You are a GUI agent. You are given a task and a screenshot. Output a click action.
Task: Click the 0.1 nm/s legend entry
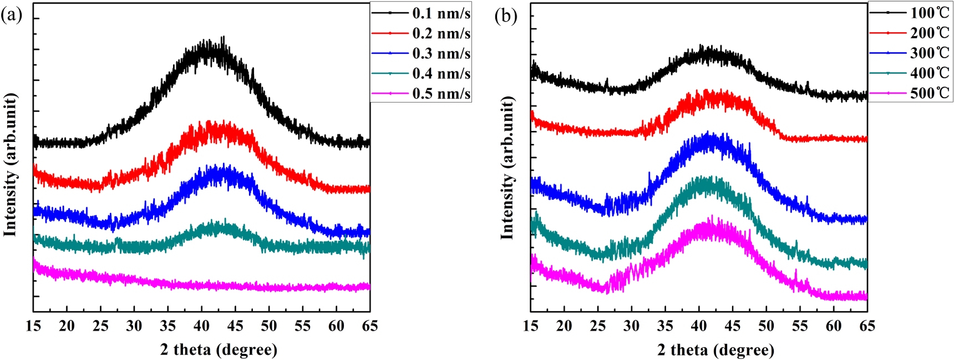click(441, 13)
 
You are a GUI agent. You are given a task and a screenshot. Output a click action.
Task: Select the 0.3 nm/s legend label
click(441, 53)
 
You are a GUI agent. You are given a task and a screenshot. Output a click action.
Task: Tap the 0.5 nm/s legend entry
click(441, 93)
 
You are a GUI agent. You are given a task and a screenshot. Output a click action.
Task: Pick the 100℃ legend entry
click(930, 13)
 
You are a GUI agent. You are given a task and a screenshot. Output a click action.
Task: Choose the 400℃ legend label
click(930, 73)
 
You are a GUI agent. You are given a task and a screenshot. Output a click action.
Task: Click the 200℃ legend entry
click(930, 33)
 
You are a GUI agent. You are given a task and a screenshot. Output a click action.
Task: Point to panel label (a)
click(11, 15)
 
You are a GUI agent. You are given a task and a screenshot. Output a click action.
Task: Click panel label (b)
click(505, 16)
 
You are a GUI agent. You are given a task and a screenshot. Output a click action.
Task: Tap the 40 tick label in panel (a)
click(201, 326)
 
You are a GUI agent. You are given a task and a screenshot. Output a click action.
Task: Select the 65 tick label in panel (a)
click(369, 326)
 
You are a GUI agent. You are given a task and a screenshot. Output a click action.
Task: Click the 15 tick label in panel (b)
click(531, 326)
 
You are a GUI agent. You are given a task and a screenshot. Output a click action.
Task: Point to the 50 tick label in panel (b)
click(766, 326)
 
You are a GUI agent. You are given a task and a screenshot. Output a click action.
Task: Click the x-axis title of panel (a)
click(219, 349)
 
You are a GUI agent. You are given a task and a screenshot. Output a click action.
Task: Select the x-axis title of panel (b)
click(715, 349)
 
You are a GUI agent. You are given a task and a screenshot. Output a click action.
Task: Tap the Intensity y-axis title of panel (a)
click(10, 165)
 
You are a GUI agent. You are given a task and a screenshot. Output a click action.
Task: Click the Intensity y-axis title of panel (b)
click(507, 168)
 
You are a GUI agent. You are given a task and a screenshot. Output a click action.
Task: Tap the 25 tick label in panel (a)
click(100, 326)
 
